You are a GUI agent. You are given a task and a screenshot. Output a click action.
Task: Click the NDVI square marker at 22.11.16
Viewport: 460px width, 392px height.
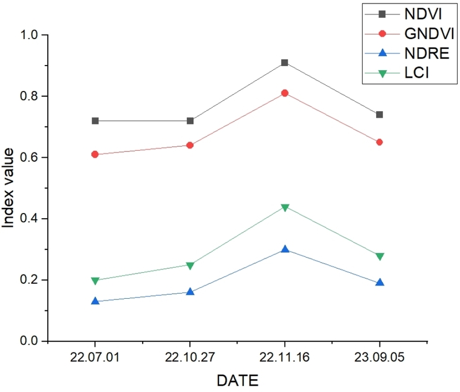(285, 63)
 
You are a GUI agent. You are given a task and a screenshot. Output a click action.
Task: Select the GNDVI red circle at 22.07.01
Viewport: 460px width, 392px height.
(95, 154)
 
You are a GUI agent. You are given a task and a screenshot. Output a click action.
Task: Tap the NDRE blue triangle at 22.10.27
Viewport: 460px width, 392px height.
(190, 292)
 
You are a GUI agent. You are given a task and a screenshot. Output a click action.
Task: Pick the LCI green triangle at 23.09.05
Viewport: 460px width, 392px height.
(379, 257)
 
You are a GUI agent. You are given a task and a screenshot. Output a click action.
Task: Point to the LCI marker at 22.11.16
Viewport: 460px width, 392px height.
(285, 208)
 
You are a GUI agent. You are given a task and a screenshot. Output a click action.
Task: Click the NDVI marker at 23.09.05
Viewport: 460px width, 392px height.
(379, 115)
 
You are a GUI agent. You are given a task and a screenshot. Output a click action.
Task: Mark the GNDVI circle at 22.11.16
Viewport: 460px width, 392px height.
(285, 93)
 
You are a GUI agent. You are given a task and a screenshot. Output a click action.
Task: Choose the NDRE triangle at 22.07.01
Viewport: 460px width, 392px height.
(95, 301)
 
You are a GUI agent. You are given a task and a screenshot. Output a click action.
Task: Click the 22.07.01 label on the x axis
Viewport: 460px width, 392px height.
(95, 358)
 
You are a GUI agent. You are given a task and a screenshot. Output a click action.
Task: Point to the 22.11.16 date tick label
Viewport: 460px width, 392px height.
(285, 358)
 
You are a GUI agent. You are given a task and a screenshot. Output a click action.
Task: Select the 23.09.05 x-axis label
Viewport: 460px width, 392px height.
(379, 358)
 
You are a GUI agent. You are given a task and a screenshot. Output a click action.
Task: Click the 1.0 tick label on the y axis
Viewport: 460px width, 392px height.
(32, 35)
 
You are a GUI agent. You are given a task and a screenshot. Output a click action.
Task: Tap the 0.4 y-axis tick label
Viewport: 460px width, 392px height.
(32, 219)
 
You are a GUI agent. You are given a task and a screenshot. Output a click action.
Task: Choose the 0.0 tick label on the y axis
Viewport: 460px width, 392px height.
(32, 341)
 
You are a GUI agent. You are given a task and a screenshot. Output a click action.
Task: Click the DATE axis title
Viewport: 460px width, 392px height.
(237, 380)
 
